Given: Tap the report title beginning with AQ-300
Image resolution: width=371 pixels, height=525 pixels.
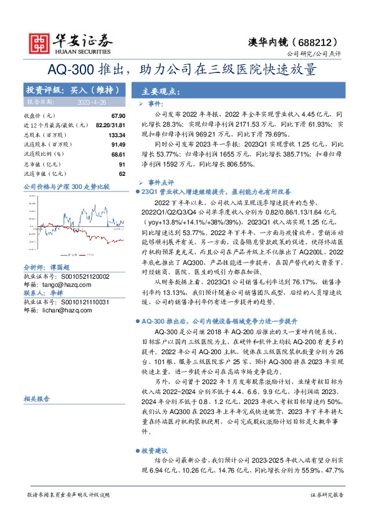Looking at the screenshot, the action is point(185,69).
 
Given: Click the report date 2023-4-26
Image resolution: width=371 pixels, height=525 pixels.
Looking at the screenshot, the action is point(92,102).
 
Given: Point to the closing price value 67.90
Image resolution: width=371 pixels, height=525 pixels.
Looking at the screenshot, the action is point(118,116).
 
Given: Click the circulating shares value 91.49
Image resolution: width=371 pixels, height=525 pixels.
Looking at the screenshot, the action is point(118,144).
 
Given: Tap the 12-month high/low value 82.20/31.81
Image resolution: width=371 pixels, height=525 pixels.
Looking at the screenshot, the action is point(109,125).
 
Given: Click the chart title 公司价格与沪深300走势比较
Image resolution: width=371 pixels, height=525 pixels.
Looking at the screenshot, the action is point(66,186).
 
